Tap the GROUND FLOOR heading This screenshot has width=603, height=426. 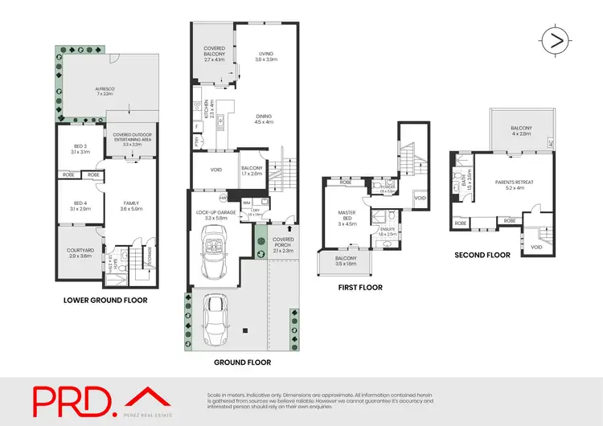pyautogui.click(x=241, y=363)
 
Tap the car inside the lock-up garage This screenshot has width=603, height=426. pyautogui.click(x=215, y=249)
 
